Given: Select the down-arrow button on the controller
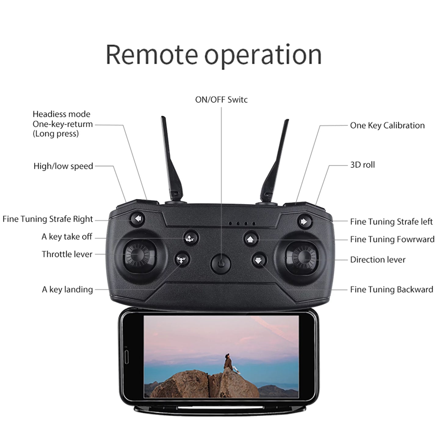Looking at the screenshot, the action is (x=259, y=260).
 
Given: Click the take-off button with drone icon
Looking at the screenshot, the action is (x=191, y=238).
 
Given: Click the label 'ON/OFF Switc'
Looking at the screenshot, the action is (x=221, y=100).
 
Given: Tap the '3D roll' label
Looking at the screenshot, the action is (x=362, y=165).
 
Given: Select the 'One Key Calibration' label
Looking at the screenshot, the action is (x=387, y=125).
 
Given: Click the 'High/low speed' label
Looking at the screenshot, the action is (x=63, y=166).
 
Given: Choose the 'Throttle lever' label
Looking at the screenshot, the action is (x=67, y=254).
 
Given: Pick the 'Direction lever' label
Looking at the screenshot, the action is (x=378, y=260).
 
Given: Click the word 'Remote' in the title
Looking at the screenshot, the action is (x=152, y=55).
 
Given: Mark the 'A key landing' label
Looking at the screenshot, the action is (x=67, y=290).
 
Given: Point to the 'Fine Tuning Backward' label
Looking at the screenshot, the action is (x=392, y=290).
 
